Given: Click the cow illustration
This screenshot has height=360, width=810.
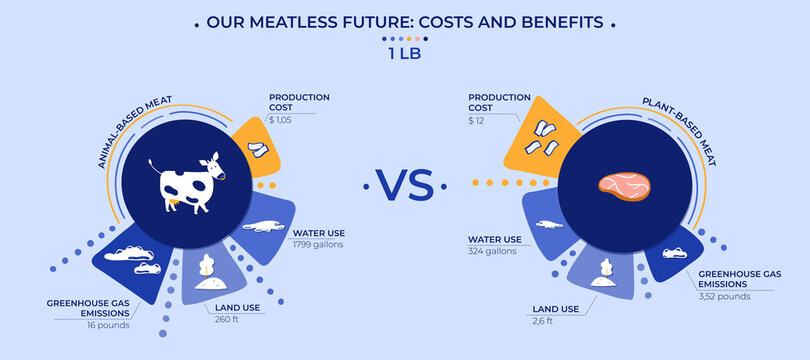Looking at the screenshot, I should click(186, 183).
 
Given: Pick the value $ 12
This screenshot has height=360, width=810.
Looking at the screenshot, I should click(477, 120).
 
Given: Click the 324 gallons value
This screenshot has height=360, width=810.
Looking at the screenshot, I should click(493, 251).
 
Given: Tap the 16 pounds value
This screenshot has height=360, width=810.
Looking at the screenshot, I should click(109, 325).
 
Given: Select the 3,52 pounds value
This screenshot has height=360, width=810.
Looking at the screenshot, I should click(725, 295).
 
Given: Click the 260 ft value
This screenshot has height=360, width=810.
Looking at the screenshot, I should click(226, 320).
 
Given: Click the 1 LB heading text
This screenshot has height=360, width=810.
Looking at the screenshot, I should click(405, 55).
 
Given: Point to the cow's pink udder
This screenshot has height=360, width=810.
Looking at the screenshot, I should click(175, 203).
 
